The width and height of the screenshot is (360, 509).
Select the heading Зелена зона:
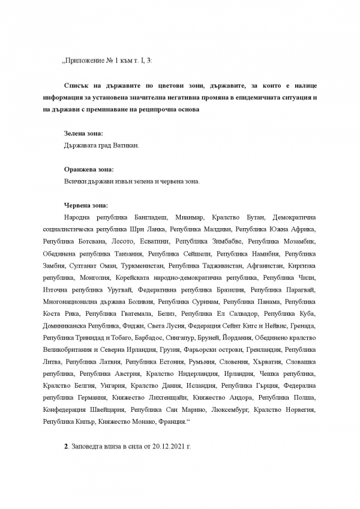tap(83, 133)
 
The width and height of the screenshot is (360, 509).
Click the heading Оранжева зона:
tap(88, 169)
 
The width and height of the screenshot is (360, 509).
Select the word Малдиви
tap(217, 229)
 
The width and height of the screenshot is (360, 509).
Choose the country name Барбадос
tap(142, 337)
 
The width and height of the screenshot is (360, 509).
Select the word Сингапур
tap(178, 337)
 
